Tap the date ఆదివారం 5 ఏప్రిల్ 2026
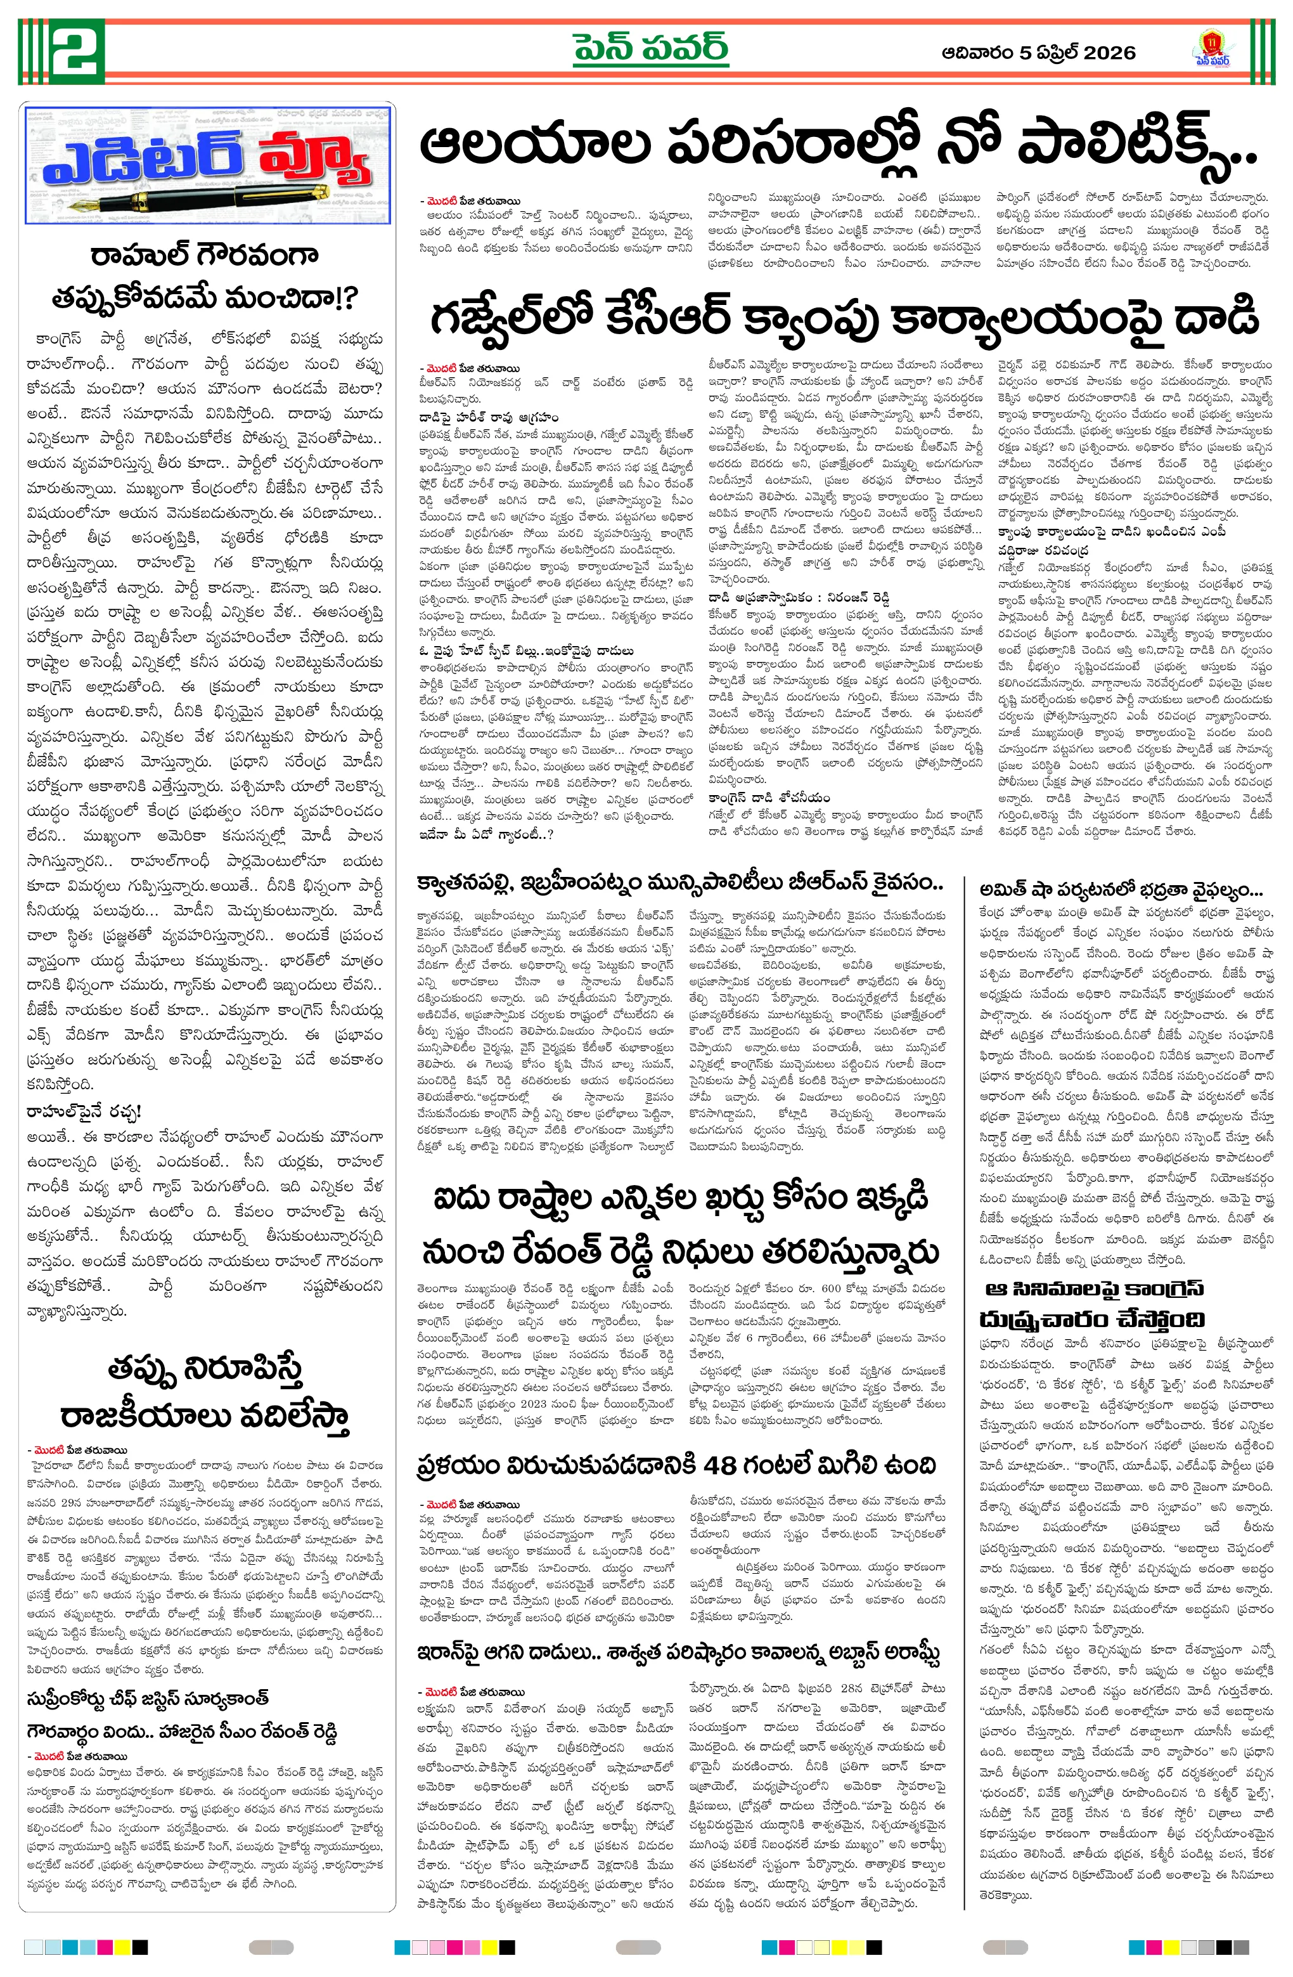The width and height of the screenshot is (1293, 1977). click(x=1038, y=53)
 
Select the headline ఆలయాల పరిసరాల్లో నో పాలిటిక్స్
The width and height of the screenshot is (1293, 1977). click(x=839, y=147)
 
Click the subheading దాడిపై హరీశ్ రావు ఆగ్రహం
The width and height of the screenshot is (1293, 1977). click(x=488, y=416)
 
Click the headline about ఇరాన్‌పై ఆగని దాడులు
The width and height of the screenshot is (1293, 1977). click(x=680, y=1629)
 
